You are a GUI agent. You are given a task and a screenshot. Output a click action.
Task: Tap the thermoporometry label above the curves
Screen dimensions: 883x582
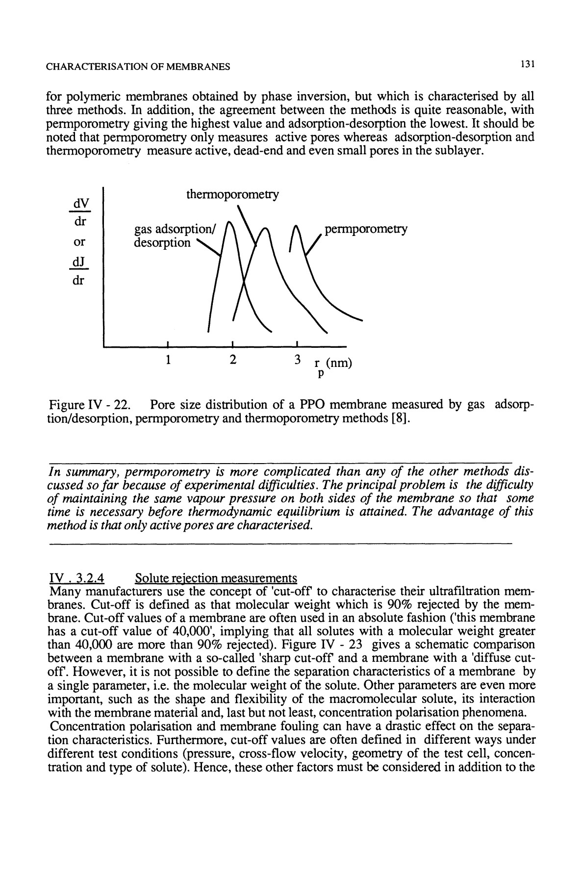pos(232,195)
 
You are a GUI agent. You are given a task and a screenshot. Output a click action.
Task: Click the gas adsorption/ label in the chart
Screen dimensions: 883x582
pos(174,229)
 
